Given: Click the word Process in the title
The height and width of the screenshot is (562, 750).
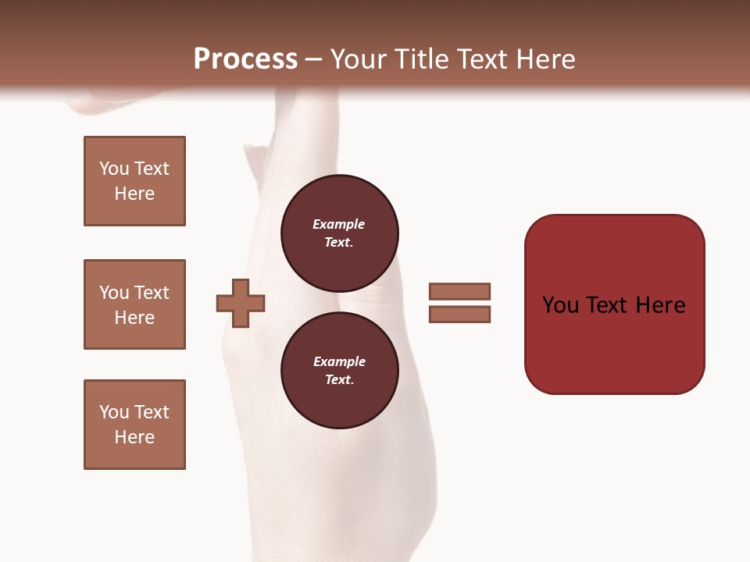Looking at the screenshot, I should point(245,59).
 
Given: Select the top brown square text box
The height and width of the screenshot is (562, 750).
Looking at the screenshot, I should point(134,181).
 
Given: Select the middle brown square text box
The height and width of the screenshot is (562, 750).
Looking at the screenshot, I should point(134,304).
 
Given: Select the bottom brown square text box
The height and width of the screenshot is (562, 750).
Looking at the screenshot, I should point(134,425).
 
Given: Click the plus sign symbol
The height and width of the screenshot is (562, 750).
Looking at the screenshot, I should point(241,303).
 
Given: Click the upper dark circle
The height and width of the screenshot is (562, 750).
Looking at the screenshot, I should point(339,233).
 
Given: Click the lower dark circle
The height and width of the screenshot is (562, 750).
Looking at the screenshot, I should point(339,370).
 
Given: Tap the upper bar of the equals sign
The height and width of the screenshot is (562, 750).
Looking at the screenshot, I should point(459,291).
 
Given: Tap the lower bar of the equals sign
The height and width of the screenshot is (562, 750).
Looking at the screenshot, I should point(459,315).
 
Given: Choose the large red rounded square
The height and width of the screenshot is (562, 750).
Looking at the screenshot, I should point(614,343).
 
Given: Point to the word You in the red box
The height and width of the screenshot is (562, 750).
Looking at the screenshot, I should point(561,305).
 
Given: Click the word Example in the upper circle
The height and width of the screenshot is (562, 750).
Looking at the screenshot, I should point(339,224).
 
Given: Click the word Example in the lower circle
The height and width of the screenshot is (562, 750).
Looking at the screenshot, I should point(339,361).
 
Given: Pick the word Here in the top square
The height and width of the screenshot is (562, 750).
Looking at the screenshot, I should point(134,194).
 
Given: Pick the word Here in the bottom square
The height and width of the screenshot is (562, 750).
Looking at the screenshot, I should point(134,437).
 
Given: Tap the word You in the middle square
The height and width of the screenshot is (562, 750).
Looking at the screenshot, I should point(113,293).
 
